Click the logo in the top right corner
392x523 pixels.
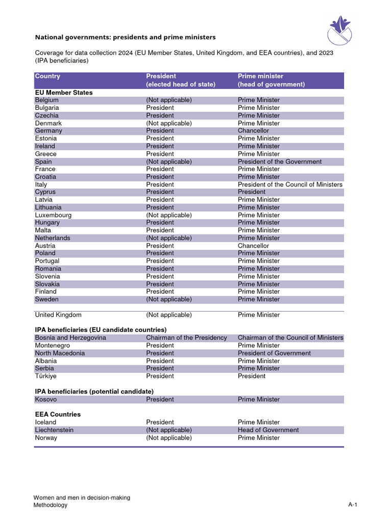[342, 30]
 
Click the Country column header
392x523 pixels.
[47, 76]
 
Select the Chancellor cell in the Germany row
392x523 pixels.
[253, 131]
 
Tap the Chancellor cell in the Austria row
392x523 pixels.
[253, 246]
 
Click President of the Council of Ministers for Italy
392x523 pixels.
[290, 184]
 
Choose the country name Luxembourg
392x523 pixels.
[53, 215]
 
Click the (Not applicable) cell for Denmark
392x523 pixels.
[169, 123]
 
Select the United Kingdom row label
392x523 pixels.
[58, 315]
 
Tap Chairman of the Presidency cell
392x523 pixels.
[186, 338]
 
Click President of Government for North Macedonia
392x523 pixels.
[274, 353]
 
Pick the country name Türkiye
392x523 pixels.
[46, 376]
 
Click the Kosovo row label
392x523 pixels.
[46, 399]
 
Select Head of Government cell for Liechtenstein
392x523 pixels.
[268, 430]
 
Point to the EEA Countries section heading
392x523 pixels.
[58, 414]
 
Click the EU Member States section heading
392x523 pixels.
[64, 92]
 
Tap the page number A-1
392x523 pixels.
[353, 505]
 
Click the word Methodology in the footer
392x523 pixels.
[50, 505]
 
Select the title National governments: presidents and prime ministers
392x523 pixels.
[125, 37]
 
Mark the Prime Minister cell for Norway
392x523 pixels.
[259, 438]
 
